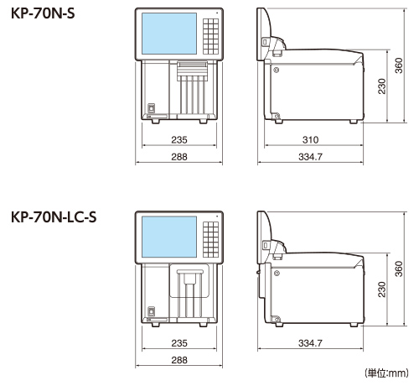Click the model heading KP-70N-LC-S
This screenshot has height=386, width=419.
(x=54, y=216)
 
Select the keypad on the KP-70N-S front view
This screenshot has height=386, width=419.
(x=212, y=33)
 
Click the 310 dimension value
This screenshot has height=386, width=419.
(x=311, y=138)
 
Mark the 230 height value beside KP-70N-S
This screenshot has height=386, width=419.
(x=381, y=86)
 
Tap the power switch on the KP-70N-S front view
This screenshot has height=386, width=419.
(x=152, y=107)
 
